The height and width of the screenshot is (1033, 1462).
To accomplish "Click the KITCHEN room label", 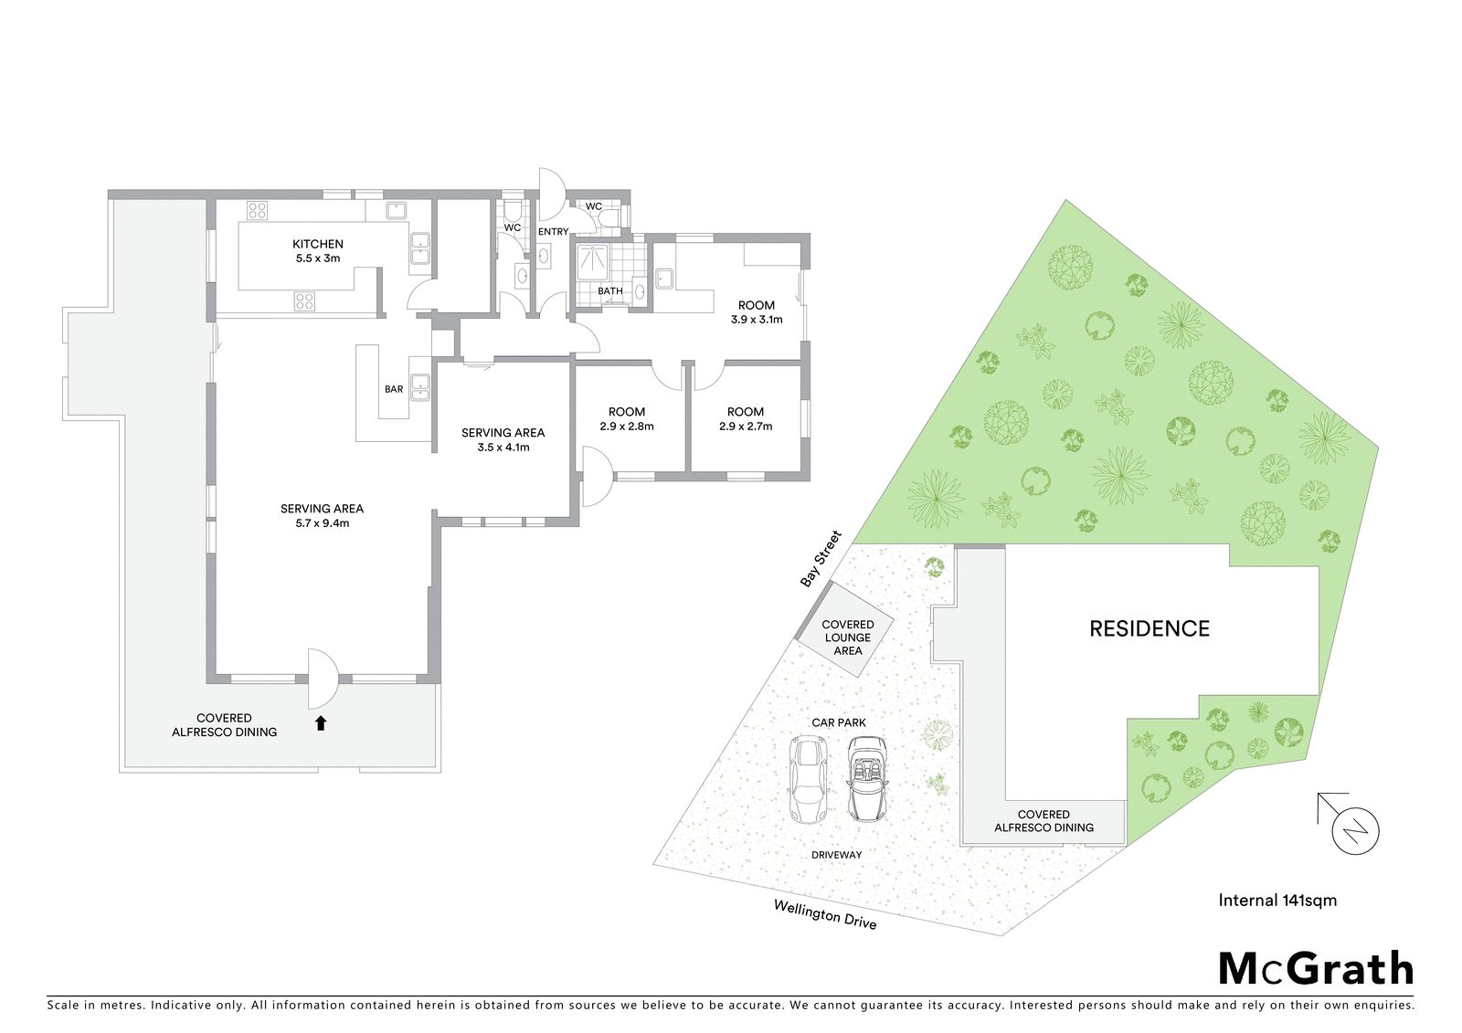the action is [318, 244].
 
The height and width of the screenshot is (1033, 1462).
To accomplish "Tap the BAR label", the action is [394, 389].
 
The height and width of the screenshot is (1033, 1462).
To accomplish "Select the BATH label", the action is [610, 291].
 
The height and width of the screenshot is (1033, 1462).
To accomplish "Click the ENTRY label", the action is [554, 232].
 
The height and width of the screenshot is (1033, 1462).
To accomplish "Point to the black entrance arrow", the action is [321, 723].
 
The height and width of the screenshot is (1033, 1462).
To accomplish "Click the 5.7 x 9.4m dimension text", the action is [322, 522].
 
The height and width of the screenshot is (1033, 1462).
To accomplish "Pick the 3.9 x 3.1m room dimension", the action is [757, 320].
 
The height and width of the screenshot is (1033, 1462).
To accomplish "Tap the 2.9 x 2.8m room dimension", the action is [627, 427].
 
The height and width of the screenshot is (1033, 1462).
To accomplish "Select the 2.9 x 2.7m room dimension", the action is [746, 427].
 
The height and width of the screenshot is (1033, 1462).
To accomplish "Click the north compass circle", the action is [1356, 831].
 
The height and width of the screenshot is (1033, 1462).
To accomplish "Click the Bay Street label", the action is [821, 559].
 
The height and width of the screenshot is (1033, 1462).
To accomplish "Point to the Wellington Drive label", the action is [825, 914].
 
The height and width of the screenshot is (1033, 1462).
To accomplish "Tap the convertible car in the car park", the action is [867, 778].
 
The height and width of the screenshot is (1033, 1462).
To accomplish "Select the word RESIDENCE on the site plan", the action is [1149, 628].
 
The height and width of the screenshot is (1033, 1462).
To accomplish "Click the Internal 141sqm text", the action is [1277, 901].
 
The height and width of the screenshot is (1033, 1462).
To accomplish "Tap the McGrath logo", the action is [1315, 968].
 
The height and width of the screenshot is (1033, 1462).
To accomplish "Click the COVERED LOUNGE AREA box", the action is [847, 628].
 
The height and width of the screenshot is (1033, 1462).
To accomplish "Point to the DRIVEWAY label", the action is [837, 855].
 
